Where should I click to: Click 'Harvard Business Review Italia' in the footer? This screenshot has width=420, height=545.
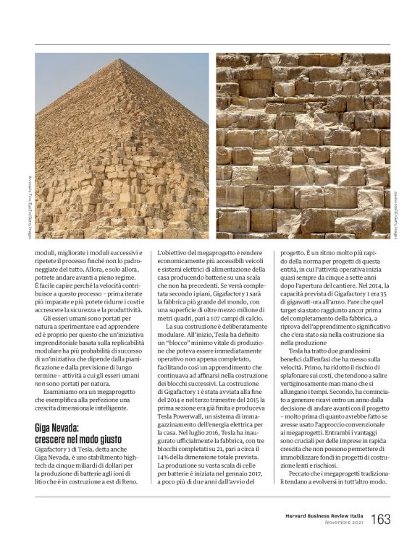323,515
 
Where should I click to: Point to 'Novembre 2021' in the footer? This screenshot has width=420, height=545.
343,523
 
